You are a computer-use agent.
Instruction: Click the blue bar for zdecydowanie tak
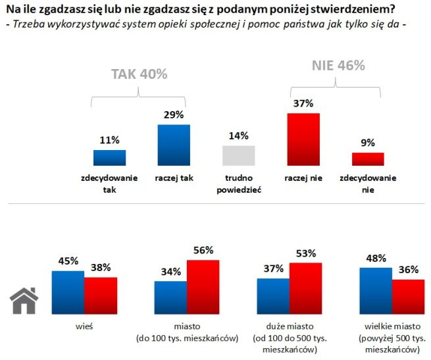pos(109,158)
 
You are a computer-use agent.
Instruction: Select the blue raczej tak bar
pos(174,145)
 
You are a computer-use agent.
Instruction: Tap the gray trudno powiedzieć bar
pos(238,156)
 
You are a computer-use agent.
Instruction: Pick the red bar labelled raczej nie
pos(303,140)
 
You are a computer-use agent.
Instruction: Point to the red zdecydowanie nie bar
pos(367,159)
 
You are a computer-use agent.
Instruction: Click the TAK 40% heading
pos(139,74)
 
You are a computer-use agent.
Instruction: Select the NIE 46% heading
pos(338,66)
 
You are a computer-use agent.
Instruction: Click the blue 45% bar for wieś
pos(68,294)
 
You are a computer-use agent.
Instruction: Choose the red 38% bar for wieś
pos(101,297)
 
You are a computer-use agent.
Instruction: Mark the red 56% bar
pos(203,288)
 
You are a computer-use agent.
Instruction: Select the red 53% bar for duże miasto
pos(305,290)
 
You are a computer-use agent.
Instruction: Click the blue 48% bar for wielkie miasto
pos(376,292)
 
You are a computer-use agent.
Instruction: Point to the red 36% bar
pos(408,298)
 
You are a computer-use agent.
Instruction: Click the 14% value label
pos(238,136)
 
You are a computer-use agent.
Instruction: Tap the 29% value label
pos(174,115)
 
